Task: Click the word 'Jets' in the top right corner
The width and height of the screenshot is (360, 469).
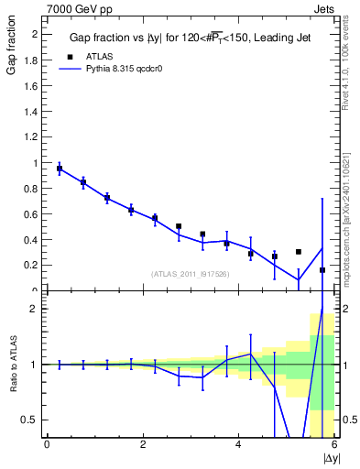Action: tap(323, 7)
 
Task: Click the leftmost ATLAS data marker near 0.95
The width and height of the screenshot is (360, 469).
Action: tap(60, 169)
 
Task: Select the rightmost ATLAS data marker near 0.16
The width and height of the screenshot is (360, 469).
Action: tap(322, 270)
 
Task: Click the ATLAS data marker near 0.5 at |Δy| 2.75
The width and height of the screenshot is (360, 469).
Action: tap(179, 226)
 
